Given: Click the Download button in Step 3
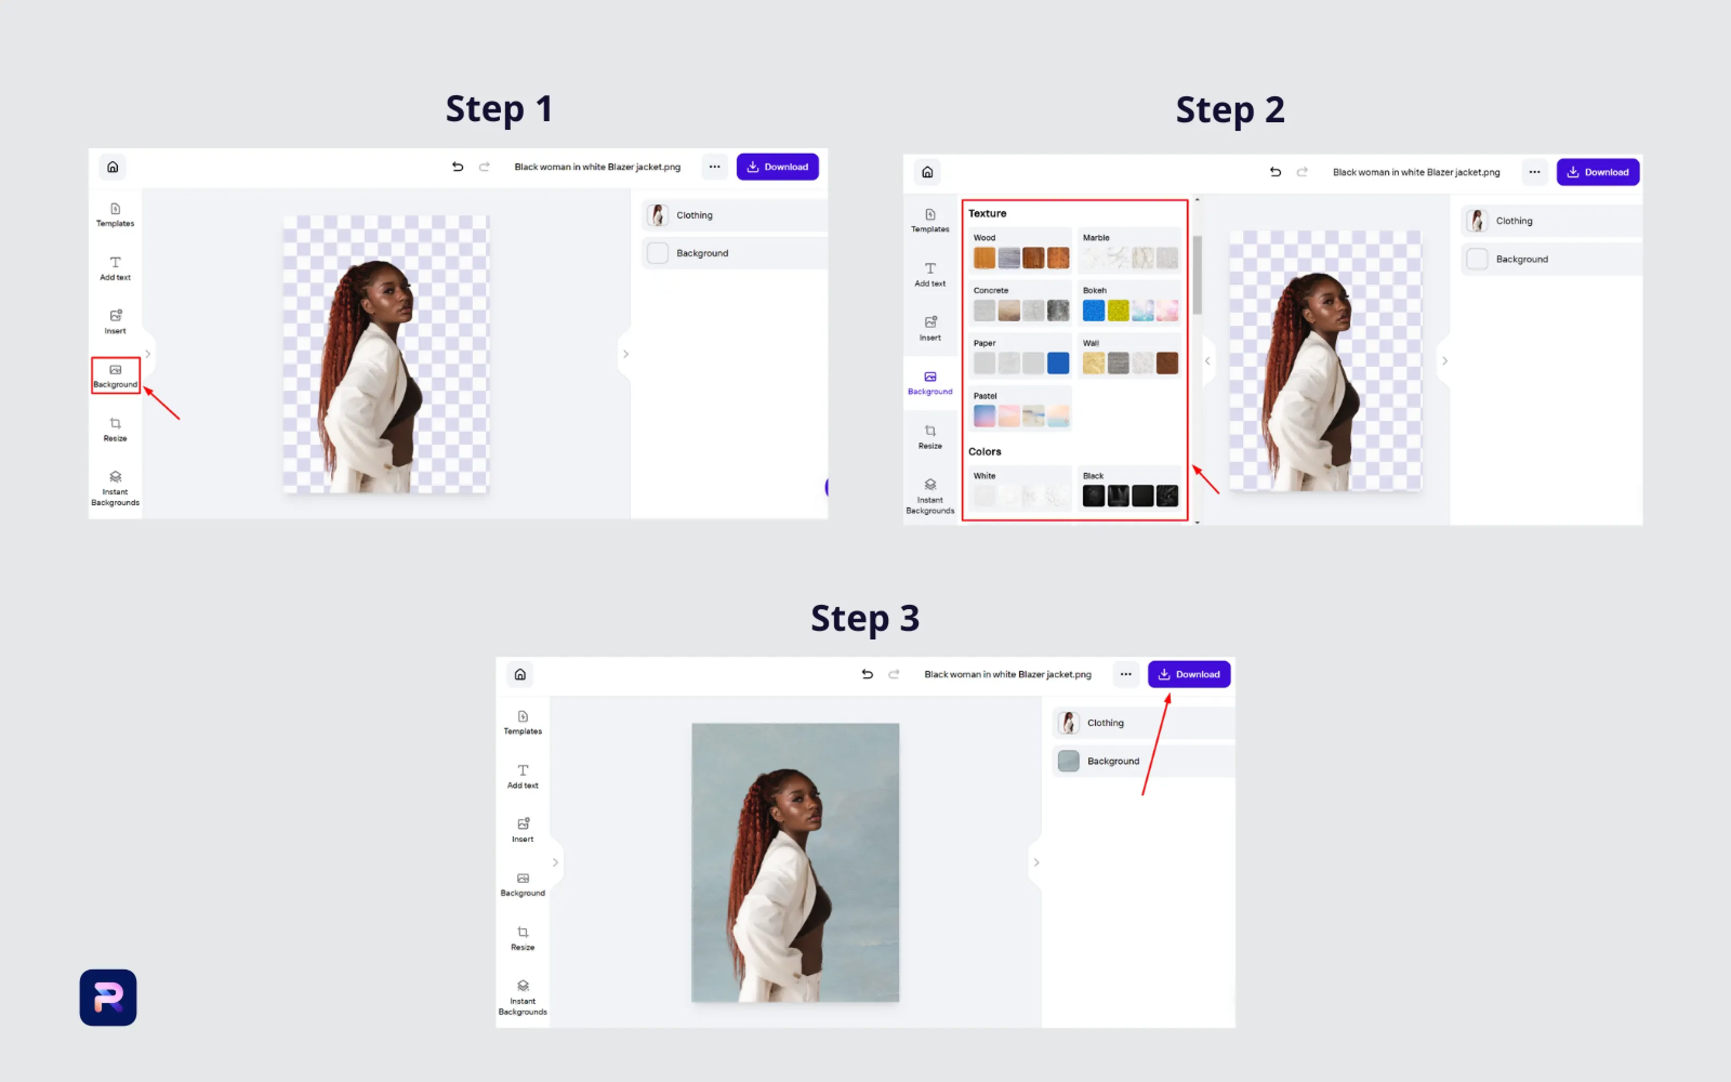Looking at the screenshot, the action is coord(1189,674).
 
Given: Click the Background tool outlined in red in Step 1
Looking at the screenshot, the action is coord(115,375).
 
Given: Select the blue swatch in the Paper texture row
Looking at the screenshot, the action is coord(1058,363).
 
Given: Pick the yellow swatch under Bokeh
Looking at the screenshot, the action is coord(1118,311).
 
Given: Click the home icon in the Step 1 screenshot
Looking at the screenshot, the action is coord(113,167).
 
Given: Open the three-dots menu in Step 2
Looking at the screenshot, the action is coord(1534,171).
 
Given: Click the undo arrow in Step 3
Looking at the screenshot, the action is coord(867,674).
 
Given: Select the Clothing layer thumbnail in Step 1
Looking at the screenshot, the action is coord(657,215).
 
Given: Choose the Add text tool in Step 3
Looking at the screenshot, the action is coord(523,776).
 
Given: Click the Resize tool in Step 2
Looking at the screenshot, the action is coord(930,437).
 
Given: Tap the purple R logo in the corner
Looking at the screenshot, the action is coord(108,998).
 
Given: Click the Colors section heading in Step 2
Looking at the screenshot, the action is coord(985,452).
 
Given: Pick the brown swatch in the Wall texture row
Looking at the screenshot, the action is coord(1167,363).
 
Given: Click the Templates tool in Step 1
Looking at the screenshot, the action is coord(115,215).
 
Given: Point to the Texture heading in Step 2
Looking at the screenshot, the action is coord(987,213).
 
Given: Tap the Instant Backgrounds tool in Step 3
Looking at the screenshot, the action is coord(523,998).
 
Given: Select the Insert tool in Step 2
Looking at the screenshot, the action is coord(930,328).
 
